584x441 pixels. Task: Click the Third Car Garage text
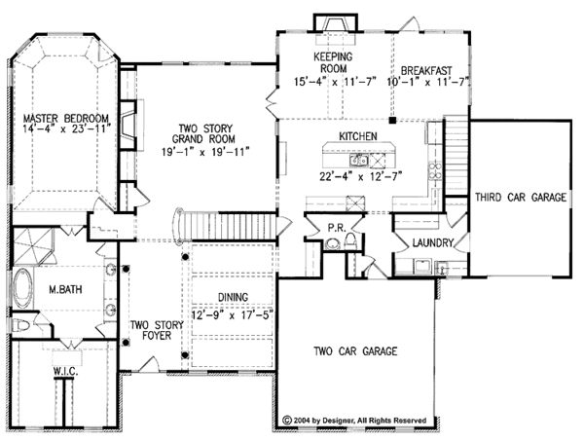521,198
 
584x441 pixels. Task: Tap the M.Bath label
66,289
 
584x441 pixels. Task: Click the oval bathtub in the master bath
21,289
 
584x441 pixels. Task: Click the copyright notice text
355,422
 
